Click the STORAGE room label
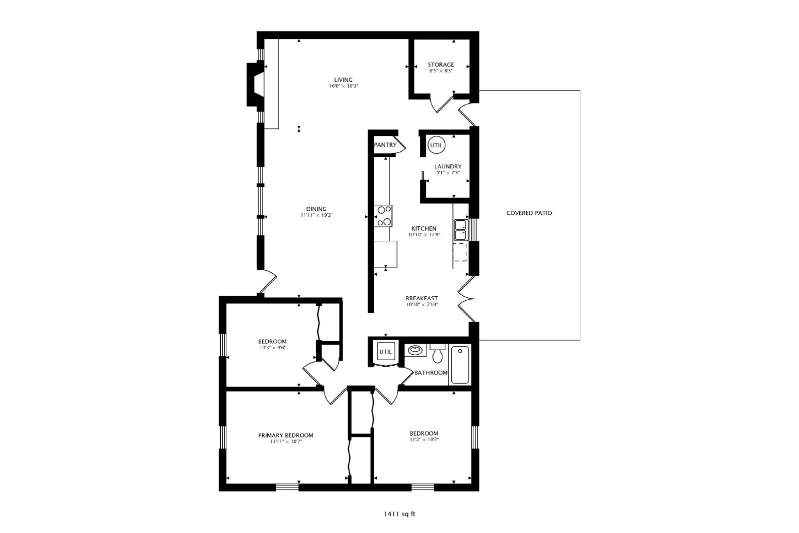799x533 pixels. click(441, 64)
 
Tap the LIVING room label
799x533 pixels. click(343, 80)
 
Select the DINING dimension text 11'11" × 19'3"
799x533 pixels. click(317, 215)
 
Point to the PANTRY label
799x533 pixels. click(385, 145)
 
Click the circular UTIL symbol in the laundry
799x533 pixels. click(436, 145)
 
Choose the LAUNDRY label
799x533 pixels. click(448, 166)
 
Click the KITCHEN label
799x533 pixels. click(424, 228)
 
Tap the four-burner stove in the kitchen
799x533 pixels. click(383, 216)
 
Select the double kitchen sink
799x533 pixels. click(460, 230)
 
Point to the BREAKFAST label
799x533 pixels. click(421, 298)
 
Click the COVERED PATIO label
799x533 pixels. click(529, 213)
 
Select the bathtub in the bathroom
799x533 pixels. click(460, 365)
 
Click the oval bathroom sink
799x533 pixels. click(415, 350)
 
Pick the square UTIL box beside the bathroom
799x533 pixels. click(386, 351)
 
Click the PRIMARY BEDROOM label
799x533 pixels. click(286, 435)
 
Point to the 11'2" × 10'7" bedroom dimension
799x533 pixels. click(424, 440)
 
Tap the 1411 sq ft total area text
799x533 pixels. click(399, 514)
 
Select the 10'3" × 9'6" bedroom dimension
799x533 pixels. click(272, 347)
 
